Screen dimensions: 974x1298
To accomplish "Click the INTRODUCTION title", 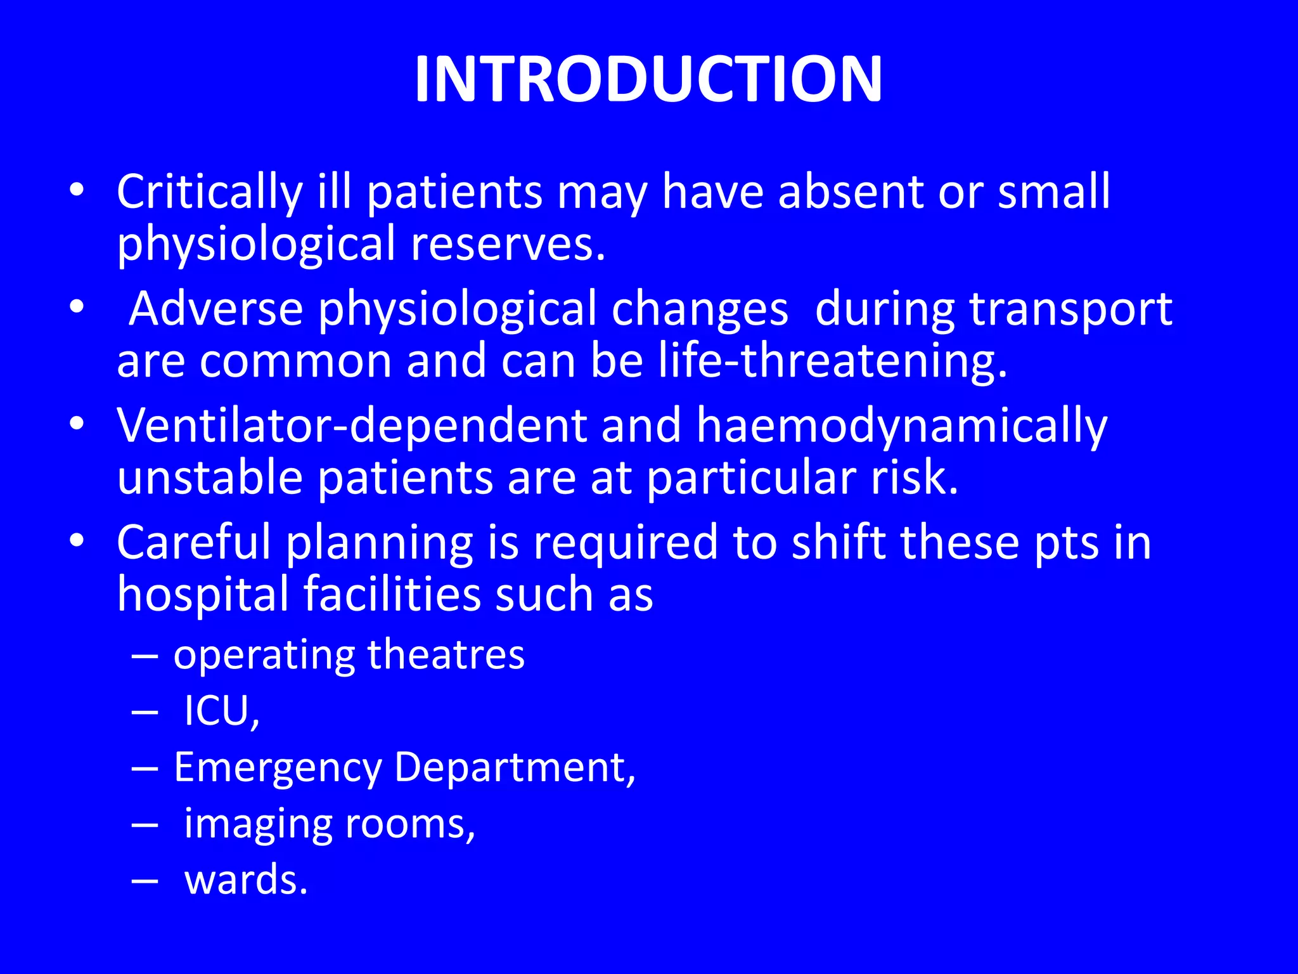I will click(648, 79).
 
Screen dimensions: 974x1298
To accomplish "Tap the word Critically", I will click(210, 192).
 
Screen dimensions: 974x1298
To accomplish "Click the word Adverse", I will click(216, 309).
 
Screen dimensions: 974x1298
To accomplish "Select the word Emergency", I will click(277, 768).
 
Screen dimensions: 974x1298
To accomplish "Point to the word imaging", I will click(257, 825).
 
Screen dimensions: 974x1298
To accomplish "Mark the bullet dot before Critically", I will click(77, 190).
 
